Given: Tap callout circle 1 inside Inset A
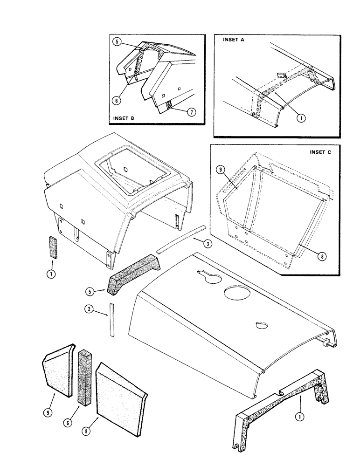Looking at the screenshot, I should pos(302,118).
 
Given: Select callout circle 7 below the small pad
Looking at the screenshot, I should pos(52,274).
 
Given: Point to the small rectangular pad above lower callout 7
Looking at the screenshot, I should pos(52,246).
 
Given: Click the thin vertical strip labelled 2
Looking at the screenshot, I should pos(112,319).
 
